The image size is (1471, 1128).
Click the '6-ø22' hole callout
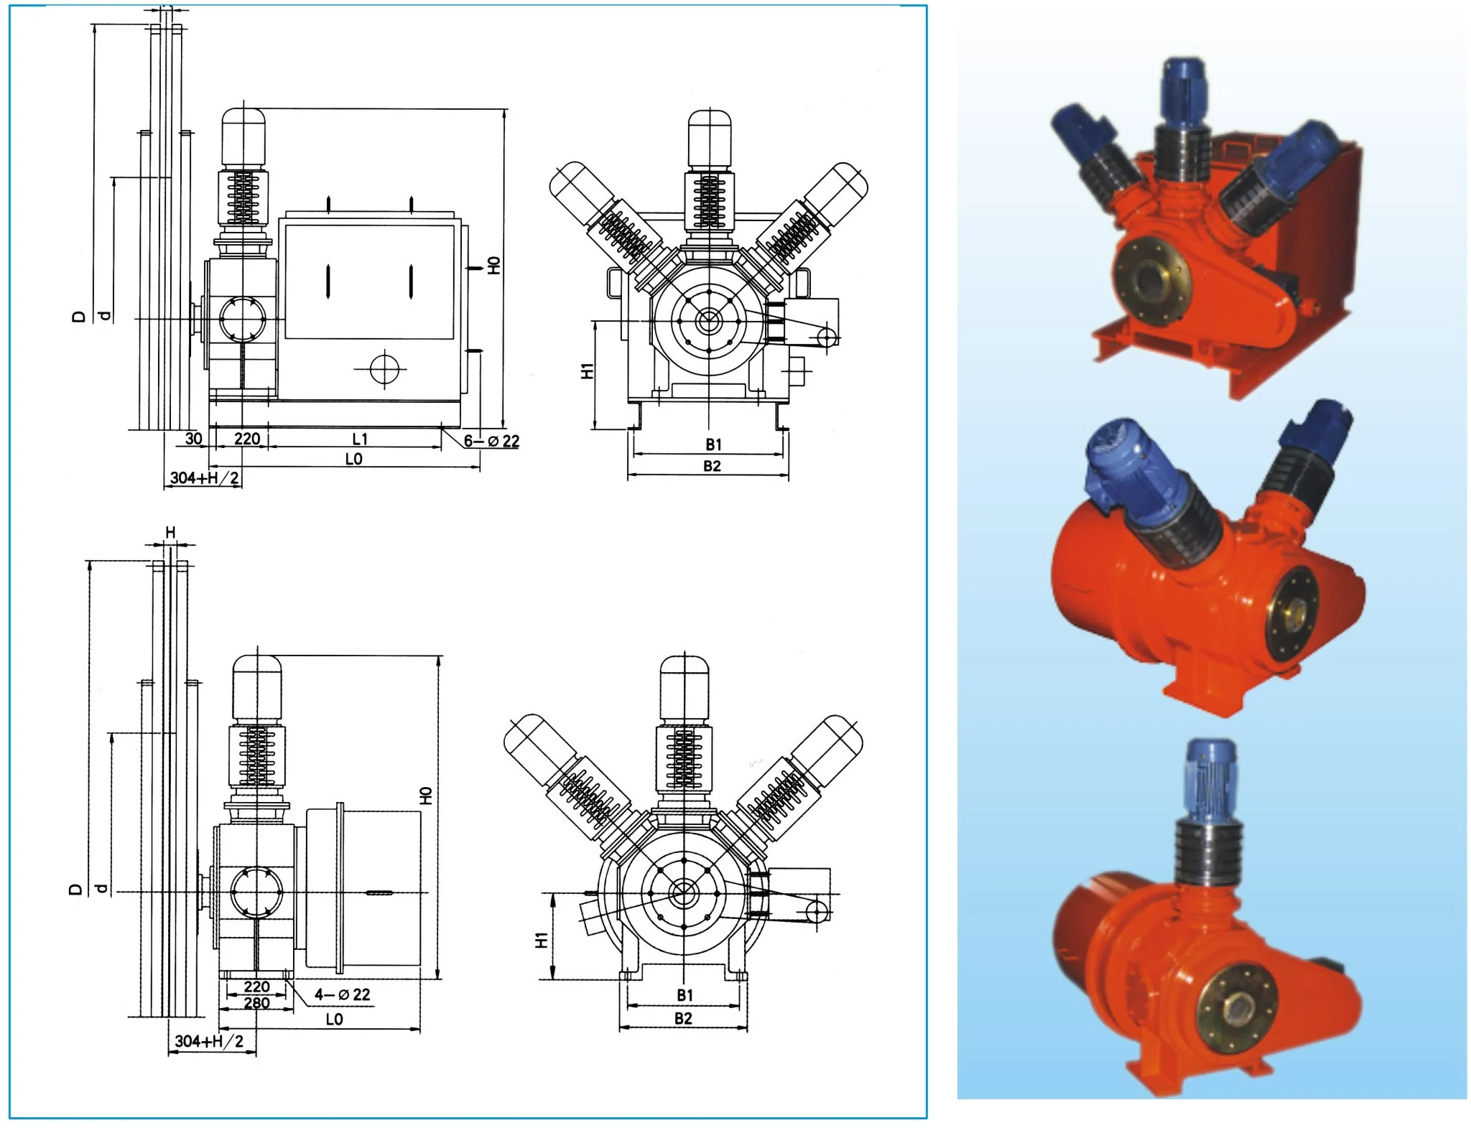491,441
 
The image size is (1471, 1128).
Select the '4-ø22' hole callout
343,994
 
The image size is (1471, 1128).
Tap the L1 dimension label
360,439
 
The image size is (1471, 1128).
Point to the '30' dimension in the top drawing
193,439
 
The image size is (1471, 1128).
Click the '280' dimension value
256,1003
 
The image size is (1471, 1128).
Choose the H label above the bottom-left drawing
170,532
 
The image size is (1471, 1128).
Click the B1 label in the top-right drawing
713,444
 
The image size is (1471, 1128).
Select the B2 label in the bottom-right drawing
683,1018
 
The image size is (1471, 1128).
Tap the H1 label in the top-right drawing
588,370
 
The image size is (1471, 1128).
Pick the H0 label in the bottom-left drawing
426,796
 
